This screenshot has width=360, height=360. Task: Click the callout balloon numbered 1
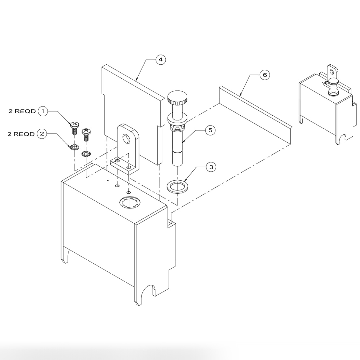click(x=43, y=111)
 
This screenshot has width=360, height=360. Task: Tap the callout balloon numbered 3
click(x=211, y=167)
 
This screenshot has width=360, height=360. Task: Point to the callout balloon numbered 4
click(x=161, y=60)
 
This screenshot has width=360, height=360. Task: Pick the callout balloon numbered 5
click(x=210, y=130)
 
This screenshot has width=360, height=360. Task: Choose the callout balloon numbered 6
click(x=264, y=75)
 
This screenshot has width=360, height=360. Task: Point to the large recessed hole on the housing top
click(x=129, y=203)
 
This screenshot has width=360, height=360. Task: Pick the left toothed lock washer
click(x=74, y=147)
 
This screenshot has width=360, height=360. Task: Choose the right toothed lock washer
click(x=86, y=154)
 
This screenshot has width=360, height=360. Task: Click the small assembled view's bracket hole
click(x=332, y=70)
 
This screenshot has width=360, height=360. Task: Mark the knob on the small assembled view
click(x=333, y=82)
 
